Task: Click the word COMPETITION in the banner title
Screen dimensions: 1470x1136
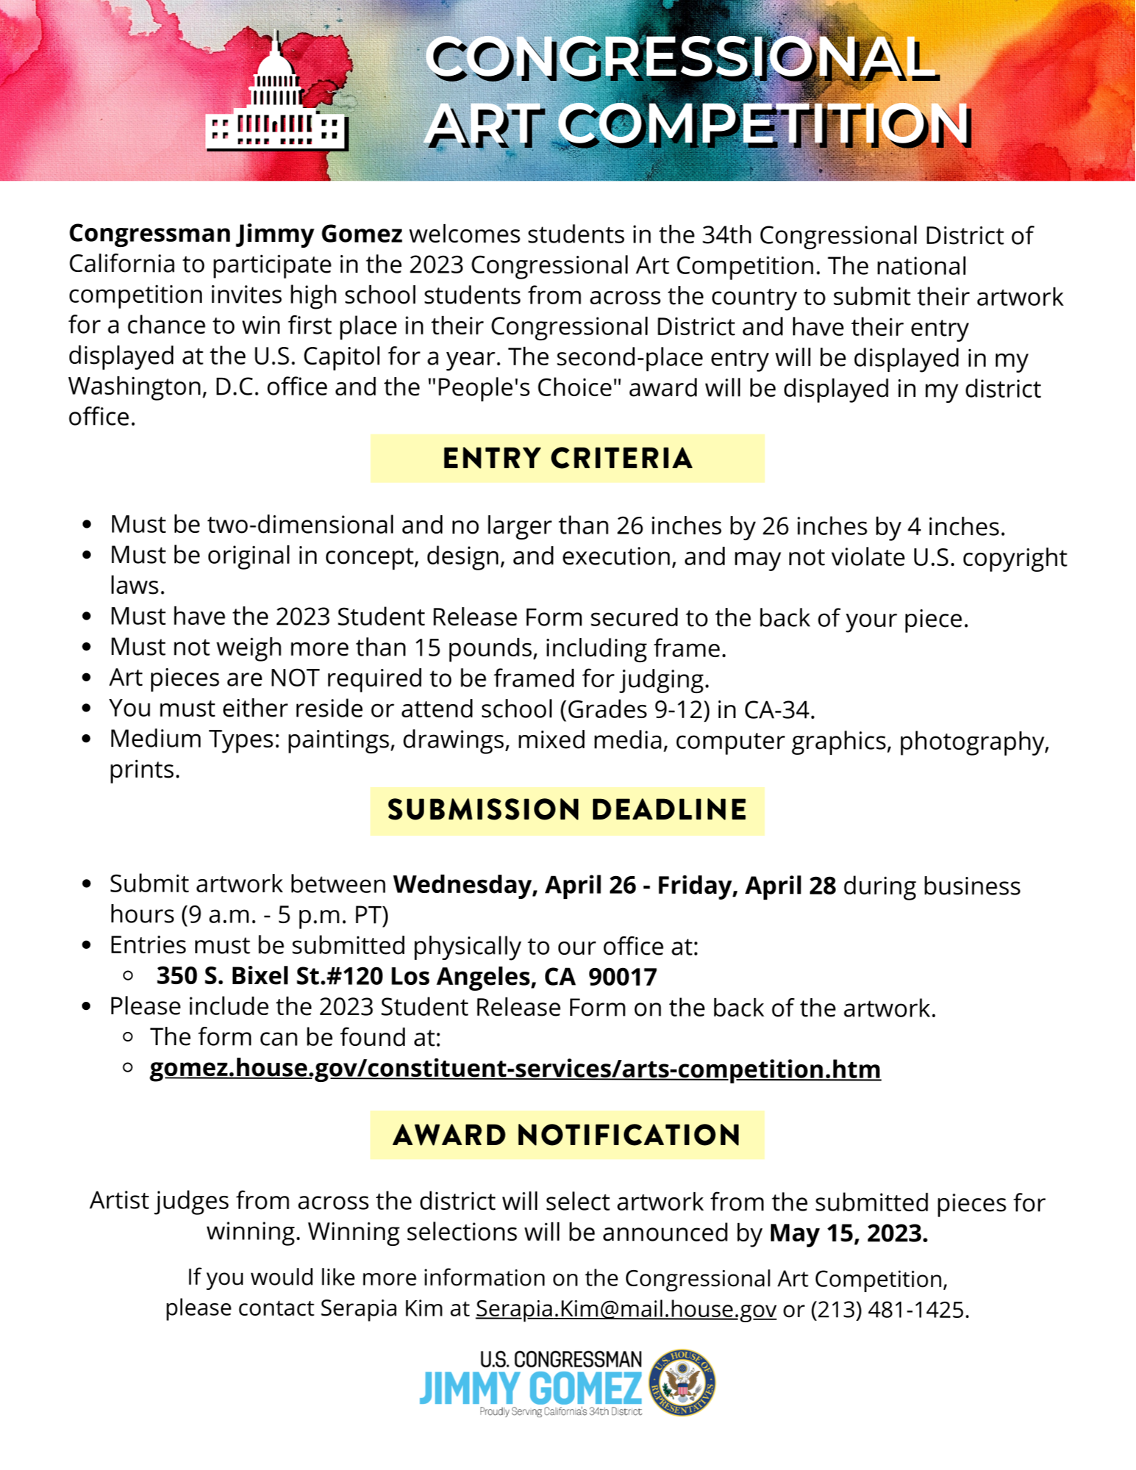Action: coord(765,125)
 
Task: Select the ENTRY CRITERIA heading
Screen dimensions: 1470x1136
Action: coord(567,459)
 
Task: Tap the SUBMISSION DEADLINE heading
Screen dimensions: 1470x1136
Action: coord(567,811)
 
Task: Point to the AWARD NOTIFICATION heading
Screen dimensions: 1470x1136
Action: coord(567,1136)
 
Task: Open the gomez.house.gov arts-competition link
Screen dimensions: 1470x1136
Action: coord(515,1069)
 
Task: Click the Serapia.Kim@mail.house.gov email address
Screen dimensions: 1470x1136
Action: coord(626,1309)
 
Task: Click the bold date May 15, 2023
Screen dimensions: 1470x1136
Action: coord(849,1233)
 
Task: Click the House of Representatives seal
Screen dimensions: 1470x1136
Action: coord(682,1383)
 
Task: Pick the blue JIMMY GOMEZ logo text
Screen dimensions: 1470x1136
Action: coord(530,1388)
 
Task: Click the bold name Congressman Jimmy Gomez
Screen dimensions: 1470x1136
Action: coord(235,234)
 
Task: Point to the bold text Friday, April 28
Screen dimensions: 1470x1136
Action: coord(746,885)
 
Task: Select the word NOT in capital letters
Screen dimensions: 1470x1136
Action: coord(295,678)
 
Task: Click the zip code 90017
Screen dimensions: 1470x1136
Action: coord(623,976)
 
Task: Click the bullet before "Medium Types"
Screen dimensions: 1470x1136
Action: coord(87,739)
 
